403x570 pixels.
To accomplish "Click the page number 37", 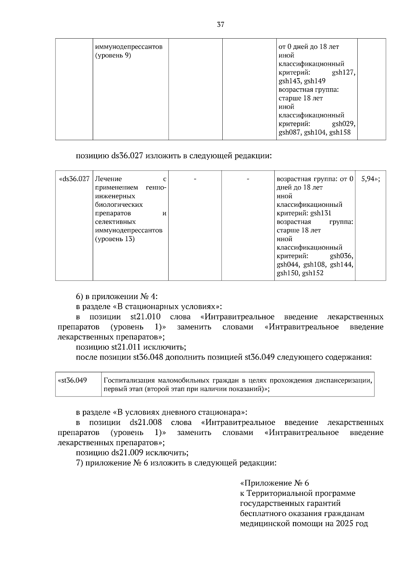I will pos(221,25).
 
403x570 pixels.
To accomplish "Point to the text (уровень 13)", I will pos(115,239).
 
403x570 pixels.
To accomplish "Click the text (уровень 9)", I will pos(113,55).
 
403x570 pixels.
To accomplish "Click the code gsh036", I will pos(342,256).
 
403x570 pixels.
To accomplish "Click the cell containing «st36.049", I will pos(73,380).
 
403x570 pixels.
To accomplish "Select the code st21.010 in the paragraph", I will pos(145,317).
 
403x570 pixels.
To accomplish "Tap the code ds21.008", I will pos(146,422).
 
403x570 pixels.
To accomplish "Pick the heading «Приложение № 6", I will pos(275,483).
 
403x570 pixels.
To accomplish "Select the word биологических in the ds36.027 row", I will pos(119,205).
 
